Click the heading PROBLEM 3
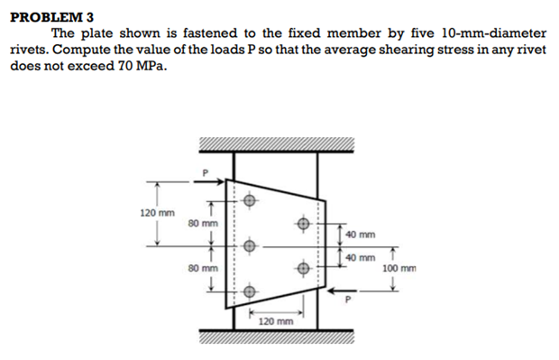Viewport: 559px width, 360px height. pos(51,16)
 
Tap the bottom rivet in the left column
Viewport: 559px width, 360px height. pos(250,291)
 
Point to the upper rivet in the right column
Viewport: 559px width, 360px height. pos(304,222)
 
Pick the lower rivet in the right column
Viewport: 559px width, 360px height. pos(304,267)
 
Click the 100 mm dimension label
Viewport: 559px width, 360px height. pos(399,268)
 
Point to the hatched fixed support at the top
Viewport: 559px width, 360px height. pos(276,145)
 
